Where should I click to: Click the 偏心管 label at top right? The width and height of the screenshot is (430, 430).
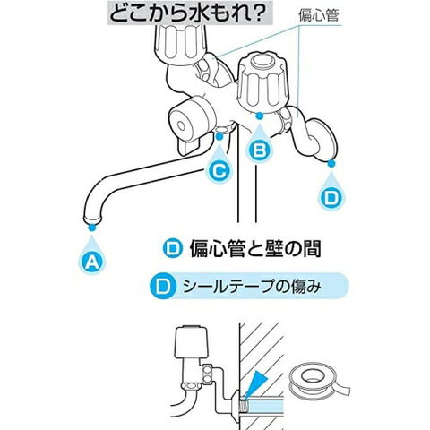pyautogui.click(x=319, y=15)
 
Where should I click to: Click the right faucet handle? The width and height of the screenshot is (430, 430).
pyautogui.click(x=263, y=82)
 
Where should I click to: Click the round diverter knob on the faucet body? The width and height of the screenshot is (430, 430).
pyautogui.click(x=191, y=122)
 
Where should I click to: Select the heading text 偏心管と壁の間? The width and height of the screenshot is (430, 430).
pyautogui.click(x=255, y=248)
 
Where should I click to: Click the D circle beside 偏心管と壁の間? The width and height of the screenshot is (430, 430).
pyautogui.click(x=173, y=249)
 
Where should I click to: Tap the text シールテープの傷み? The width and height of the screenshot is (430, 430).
pyautogui.click(x=252, y=287)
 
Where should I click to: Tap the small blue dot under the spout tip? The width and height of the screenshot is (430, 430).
pyautogui.click(x=92, y=228)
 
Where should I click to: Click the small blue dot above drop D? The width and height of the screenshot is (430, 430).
pyautogui.click(x=331, y=163)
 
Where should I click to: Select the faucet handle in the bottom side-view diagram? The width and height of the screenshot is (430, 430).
pyautogui.click(x=191, y=343)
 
